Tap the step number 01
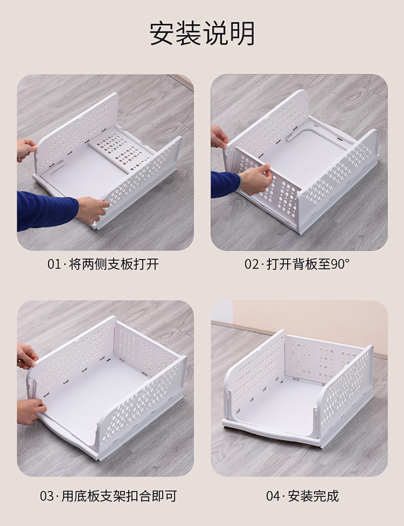[54, 264]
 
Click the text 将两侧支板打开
[114, 264]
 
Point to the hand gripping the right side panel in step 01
[93, 210]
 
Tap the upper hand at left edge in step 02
[219, 137]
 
